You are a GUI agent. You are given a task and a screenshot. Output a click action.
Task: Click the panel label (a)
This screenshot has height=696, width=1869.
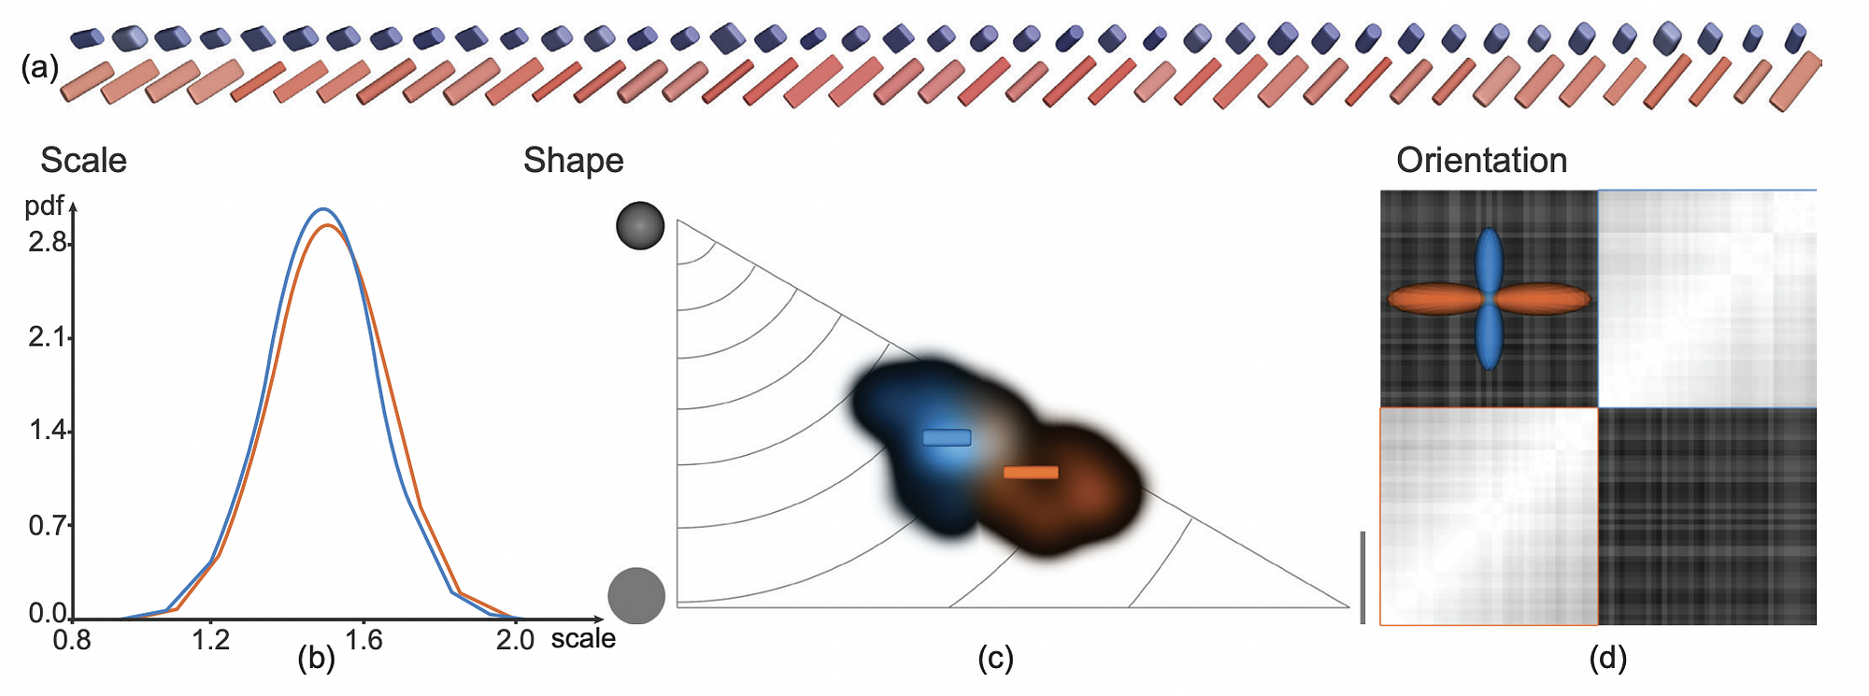[x=39, y=68]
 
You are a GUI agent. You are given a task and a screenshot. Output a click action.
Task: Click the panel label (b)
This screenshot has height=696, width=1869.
[x=316, y=659]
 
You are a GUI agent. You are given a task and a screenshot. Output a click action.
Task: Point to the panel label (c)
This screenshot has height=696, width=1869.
[x=995, y=659]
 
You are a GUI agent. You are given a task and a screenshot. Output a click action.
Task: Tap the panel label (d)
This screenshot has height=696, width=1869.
[x=1607, y=659]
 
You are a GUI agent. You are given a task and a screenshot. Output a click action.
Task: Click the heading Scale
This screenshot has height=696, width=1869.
[x=83, y=161]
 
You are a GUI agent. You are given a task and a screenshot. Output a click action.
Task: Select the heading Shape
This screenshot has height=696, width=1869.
[x=573, y=161]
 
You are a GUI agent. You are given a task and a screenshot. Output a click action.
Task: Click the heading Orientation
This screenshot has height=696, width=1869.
[x=1481, y=161]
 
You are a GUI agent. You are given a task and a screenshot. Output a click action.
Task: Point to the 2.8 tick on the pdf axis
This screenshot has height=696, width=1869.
[x=48, y=243]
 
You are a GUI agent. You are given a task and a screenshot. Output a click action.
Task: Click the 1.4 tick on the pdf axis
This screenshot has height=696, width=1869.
[x=48, y=431]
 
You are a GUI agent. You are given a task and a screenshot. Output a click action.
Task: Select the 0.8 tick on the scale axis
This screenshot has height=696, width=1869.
[x=72, y=641]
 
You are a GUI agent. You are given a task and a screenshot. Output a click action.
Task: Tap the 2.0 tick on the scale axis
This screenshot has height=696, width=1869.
[x=515, y=641]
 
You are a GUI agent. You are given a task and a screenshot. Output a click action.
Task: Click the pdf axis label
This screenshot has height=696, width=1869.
[x=44, y=206]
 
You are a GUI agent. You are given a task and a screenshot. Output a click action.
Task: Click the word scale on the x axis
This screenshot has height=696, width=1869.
[x=583, y=639]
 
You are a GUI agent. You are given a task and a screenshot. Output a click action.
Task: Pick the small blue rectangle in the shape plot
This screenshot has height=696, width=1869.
[x=947, y=437]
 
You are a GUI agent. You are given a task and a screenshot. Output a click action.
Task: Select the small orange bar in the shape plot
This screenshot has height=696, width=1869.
[x=1031, y=473]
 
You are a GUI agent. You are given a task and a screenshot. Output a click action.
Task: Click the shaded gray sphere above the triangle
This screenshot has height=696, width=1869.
[x=640, y=225]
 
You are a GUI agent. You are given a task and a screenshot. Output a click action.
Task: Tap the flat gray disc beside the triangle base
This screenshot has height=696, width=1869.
[x=636, y=595]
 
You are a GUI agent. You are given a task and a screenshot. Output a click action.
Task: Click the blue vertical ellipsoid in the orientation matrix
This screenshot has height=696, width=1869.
[x=1489, y=299]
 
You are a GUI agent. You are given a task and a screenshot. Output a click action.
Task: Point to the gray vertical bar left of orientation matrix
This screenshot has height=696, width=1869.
[x=1363, y=576]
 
